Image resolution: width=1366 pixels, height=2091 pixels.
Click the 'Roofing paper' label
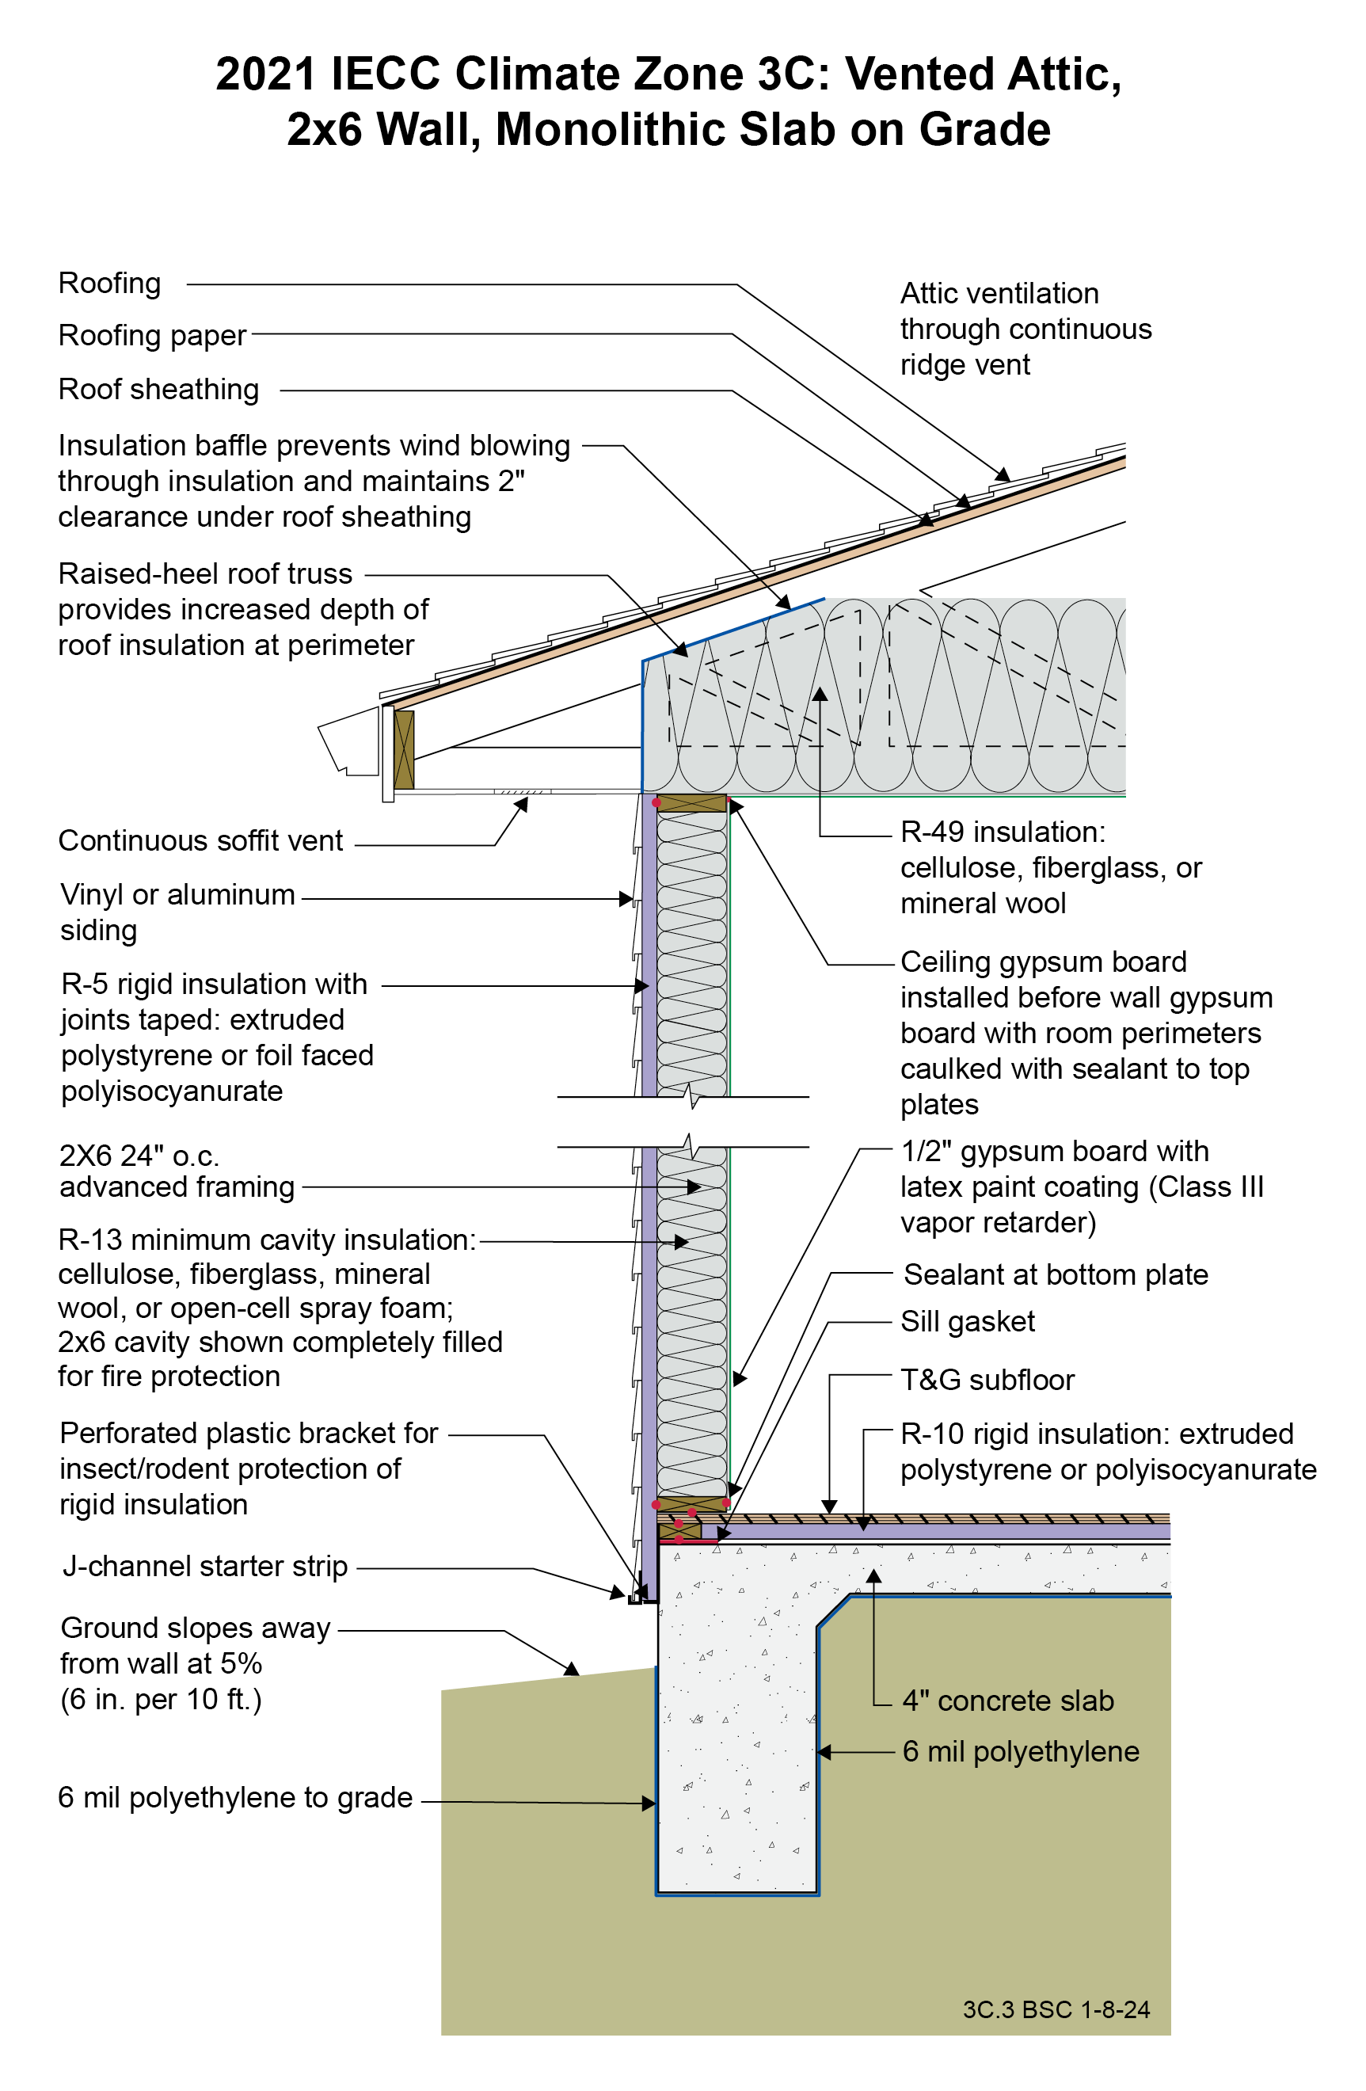click(152, 336)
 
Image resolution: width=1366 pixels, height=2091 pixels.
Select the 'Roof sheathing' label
click(158, 389)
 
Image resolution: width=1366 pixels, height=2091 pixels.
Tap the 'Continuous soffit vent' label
click(200, 841)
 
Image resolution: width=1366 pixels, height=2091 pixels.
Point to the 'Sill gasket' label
click(967, 1321)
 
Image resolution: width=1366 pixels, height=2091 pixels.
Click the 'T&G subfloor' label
click(987, 1381)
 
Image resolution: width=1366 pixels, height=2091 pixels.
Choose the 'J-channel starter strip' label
click(204, 1567)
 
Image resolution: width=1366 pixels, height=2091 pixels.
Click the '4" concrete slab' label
click(1007, 1701)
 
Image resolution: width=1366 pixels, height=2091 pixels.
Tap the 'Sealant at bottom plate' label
click(1055, 1275)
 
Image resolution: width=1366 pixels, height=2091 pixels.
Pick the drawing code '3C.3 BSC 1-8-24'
click(1056, 2009)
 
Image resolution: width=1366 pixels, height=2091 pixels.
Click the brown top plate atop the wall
click(691, 803)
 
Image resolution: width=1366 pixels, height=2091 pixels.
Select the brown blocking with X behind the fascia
click(404, 749)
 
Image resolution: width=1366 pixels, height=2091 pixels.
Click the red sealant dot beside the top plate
click(656, 803)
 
